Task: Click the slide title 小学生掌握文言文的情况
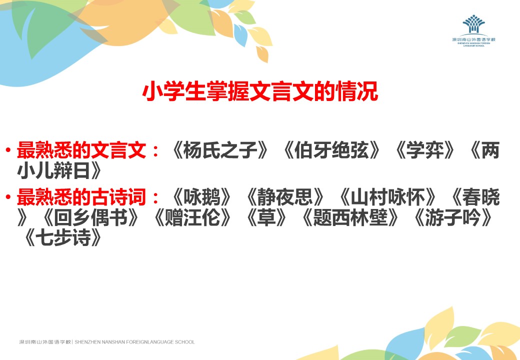pyautogui.click(x=260, y=91)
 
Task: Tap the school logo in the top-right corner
pyautogui.click(x=473, y=30)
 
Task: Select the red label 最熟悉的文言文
pyautogui.click(x=81, y=150)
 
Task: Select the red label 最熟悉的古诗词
pyautogui.click(x=81, y=197)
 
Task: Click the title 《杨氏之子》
pyautogui.click(x=220, y=150)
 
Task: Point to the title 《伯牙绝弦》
pyautogui.click(x=331, y=150)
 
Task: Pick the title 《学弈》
pyautogui.click(x=424, y=150)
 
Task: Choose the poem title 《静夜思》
pyautogui.click(x=285, y=197)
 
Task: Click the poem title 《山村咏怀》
pyautogui.click(x=387, y=197)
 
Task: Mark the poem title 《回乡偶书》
pyautogui.click(x=90, y=218)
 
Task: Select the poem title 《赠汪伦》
pyautogui.click(x=192, y=218)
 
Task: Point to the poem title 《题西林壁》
pyautogui.click(x=350, y=218)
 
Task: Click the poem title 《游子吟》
pyautogui.click(x=452, y=218)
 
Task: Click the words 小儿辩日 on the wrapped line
pyautogui.click(x=53, y=170)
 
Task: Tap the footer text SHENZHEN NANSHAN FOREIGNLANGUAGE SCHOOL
pyautogui.click(x=134, y=342)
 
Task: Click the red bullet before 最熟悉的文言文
pyautogui.click(x=8, y=150)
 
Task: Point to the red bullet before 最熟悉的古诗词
pyautogui.click(x=8, y=197)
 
